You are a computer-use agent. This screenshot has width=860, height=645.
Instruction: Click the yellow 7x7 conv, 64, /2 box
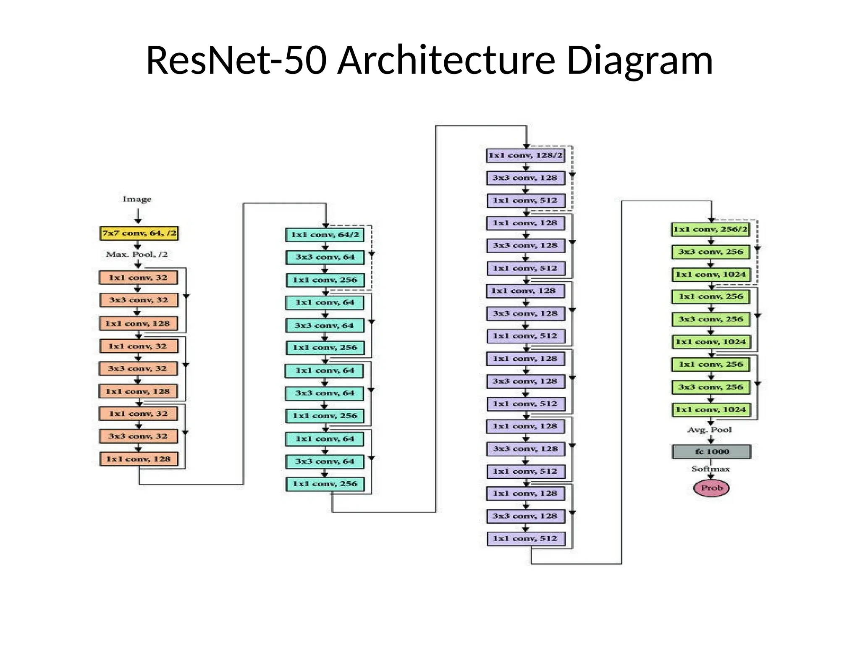pos(139,233)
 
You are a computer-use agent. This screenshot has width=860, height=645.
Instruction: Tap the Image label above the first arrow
pos(137,199)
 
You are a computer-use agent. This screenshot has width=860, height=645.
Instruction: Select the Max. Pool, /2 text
pos(137,254)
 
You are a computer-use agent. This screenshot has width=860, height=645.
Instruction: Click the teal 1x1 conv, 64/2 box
pos(325,235)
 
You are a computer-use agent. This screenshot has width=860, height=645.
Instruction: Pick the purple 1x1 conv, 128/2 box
pos(525,155)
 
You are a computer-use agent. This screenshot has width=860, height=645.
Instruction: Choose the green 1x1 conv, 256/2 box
pos(711,229)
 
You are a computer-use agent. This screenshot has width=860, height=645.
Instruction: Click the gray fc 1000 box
pos(711,452)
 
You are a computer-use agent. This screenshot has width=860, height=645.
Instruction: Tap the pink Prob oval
pos(711,488)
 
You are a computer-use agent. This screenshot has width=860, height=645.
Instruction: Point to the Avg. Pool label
pos(709,430)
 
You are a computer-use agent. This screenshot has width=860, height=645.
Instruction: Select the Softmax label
pos(711,469)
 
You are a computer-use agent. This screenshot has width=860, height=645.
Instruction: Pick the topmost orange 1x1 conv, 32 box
pos(138,278)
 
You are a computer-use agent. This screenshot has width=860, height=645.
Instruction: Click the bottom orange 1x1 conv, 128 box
pos(138,459)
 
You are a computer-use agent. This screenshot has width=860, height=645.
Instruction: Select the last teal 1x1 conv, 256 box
pos(325,484)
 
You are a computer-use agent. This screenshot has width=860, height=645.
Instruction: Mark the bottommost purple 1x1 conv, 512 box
pos(525,539)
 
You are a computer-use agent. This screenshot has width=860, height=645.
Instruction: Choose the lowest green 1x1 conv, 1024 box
pos(711,410)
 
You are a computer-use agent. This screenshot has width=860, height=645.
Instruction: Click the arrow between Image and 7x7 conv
pos(138,215)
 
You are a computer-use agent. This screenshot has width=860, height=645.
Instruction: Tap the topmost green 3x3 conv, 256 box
pos(711,252)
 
